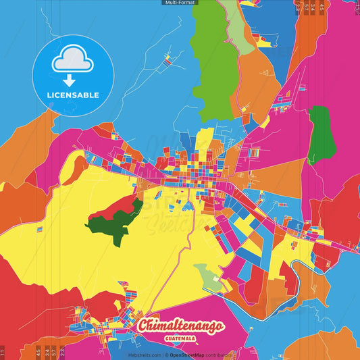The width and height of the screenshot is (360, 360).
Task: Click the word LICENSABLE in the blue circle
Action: pos(72,95)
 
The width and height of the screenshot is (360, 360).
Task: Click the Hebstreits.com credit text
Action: pos(144,354)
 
